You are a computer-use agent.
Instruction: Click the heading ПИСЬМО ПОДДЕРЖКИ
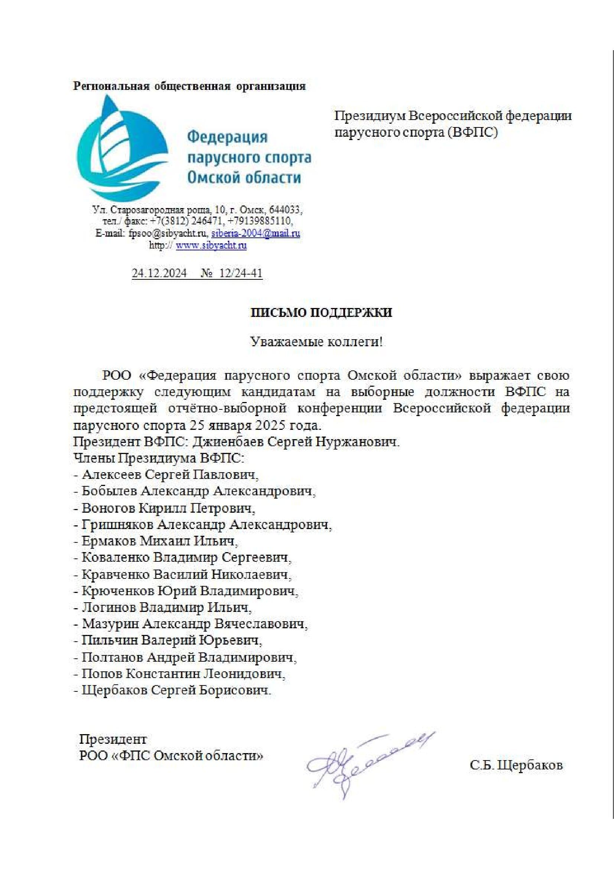point(322,312)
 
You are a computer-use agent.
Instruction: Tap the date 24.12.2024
point(159,273)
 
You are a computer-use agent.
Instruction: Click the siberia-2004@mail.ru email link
point(255,233)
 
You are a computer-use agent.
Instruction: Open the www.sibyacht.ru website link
point(211,245)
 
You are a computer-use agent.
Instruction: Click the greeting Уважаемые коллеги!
point(317,342)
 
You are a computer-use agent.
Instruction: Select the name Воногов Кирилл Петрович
point(168,508)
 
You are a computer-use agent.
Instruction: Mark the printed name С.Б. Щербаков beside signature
point(516,765)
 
